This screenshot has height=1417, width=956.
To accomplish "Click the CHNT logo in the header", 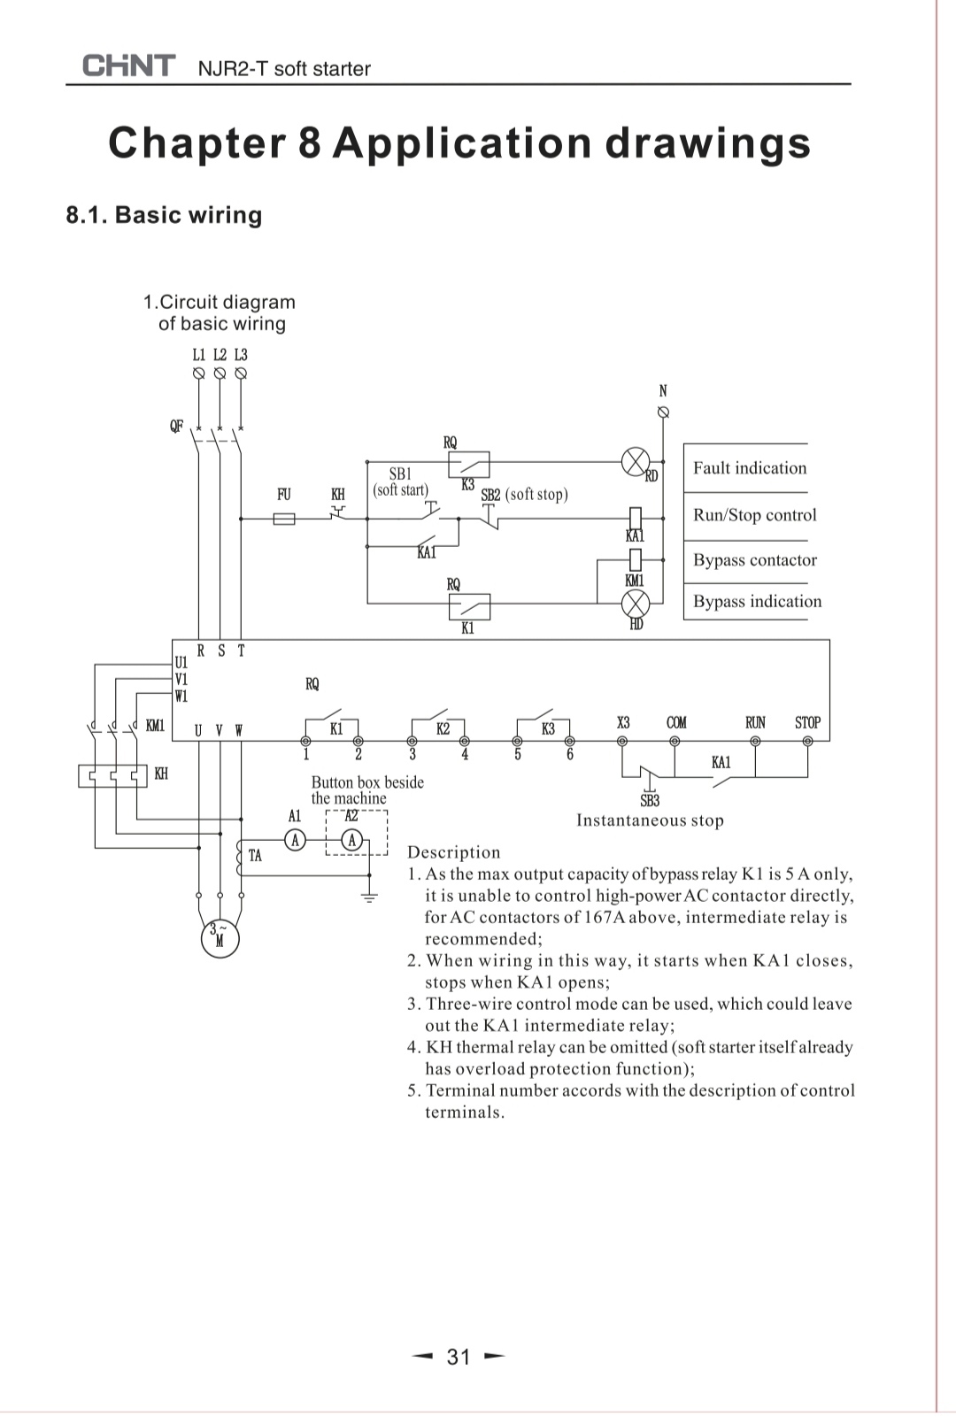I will point(128,66).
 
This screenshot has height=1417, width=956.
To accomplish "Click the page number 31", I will point(459,1356).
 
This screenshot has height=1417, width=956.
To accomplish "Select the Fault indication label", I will point(749,468).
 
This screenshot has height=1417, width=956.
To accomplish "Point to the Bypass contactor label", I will point(754,560).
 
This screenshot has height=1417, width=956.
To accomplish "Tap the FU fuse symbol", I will point(284,519).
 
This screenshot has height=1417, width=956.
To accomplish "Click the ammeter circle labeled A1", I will point(296,839).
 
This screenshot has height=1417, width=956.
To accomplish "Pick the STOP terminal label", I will point(807,723).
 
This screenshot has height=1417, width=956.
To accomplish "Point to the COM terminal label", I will point(676,723).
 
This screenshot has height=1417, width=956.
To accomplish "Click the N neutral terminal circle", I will point(663,412).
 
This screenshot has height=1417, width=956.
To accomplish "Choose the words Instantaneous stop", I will point(650,820).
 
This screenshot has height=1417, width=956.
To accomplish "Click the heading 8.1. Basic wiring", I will point(164,215).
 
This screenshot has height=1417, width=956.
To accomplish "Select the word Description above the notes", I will point(453,852).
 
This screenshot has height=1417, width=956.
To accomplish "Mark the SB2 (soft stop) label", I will point(524,495).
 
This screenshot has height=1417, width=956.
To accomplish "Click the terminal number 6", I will point(570,755).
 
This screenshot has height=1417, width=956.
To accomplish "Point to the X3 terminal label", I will point(623,723).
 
